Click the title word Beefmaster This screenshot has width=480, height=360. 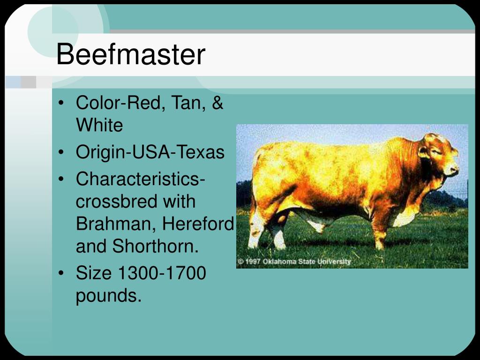click(131, 54)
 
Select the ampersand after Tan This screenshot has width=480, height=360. click(217, 102)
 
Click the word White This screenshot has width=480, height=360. click(99, 125)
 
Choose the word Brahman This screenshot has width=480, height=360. click(116, 224)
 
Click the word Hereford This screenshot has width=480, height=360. click(198, 224)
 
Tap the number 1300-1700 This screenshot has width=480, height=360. click(162, 273)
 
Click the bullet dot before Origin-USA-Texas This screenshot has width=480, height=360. click(61, 152)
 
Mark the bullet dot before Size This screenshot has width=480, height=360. click(61, 273)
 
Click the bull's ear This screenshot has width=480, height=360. click(423, 152)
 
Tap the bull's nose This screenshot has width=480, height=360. click(453, 168)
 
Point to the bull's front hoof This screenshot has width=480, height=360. click(380, 245)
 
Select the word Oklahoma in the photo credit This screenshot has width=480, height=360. click(280, 262)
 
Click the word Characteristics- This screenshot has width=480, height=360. click(140, 179)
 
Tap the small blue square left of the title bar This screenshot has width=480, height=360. click(13, 82)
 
